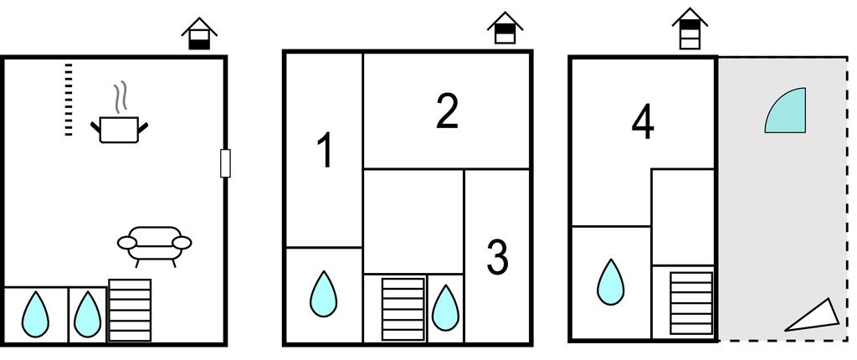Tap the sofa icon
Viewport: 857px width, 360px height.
pos(155,245)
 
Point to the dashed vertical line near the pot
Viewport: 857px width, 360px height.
pos(69,99)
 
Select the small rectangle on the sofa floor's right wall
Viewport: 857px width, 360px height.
pos(225,163)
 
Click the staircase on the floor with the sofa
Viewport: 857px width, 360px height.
pos(130,311)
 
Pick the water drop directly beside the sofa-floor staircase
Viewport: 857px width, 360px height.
pos(87,314)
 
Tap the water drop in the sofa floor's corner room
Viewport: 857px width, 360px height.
pos(35,314)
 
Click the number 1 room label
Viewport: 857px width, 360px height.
pos(326,151)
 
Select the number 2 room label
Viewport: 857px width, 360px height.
pos(447,111)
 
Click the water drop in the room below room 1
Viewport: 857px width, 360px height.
pos(324,294)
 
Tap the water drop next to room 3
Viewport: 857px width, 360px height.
pos(445,307)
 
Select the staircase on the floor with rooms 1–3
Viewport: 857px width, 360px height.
pos(403,309)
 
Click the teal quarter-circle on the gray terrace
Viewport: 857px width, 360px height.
pos(785,110)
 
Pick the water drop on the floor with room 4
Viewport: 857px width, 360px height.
pos(610,282)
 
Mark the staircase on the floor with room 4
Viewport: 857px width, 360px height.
pos(691,303)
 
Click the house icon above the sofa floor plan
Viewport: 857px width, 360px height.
pos(199,34)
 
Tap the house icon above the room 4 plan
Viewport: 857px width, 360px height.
pos(690,28)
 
